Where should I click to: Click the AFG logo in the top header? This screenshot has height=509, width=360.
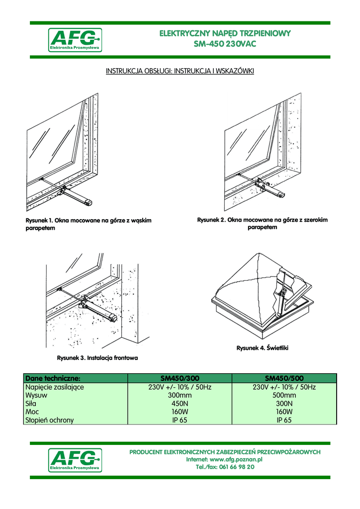click(x=75, y=40)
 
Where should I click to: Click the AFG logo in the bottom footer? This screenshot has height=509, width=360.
click(x=75, y=460)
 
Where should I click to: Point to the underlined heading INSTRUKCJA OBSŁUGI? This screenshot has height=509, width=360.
click(x=138, y=72)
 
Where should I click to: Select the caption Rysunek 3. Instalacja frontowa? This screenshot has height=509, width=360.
click(x=97, y=357)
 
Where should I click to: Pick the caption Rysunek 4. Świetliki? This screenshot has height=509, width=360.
click(x=262, y=348)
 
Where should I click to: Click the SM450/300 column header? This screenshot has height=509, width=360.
click(x=180, y=378)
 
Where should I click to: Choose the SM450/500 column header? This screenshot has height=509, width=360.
click(x=284, y=378)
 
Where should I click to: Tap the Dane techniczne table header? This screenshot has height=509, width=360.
click(x=53, y=378)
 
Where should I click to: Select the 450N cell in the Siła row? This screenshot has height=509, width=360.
click(x=180, y=404)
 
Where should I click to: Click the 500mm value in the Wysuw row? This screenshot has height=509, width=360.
click(x=284, y=395)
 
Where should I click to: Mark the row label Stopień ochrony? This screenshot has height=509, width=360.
click(x=49, y=420)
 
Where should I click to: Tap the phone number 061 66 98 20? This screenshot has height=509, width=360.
click(x=239, y=467)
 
